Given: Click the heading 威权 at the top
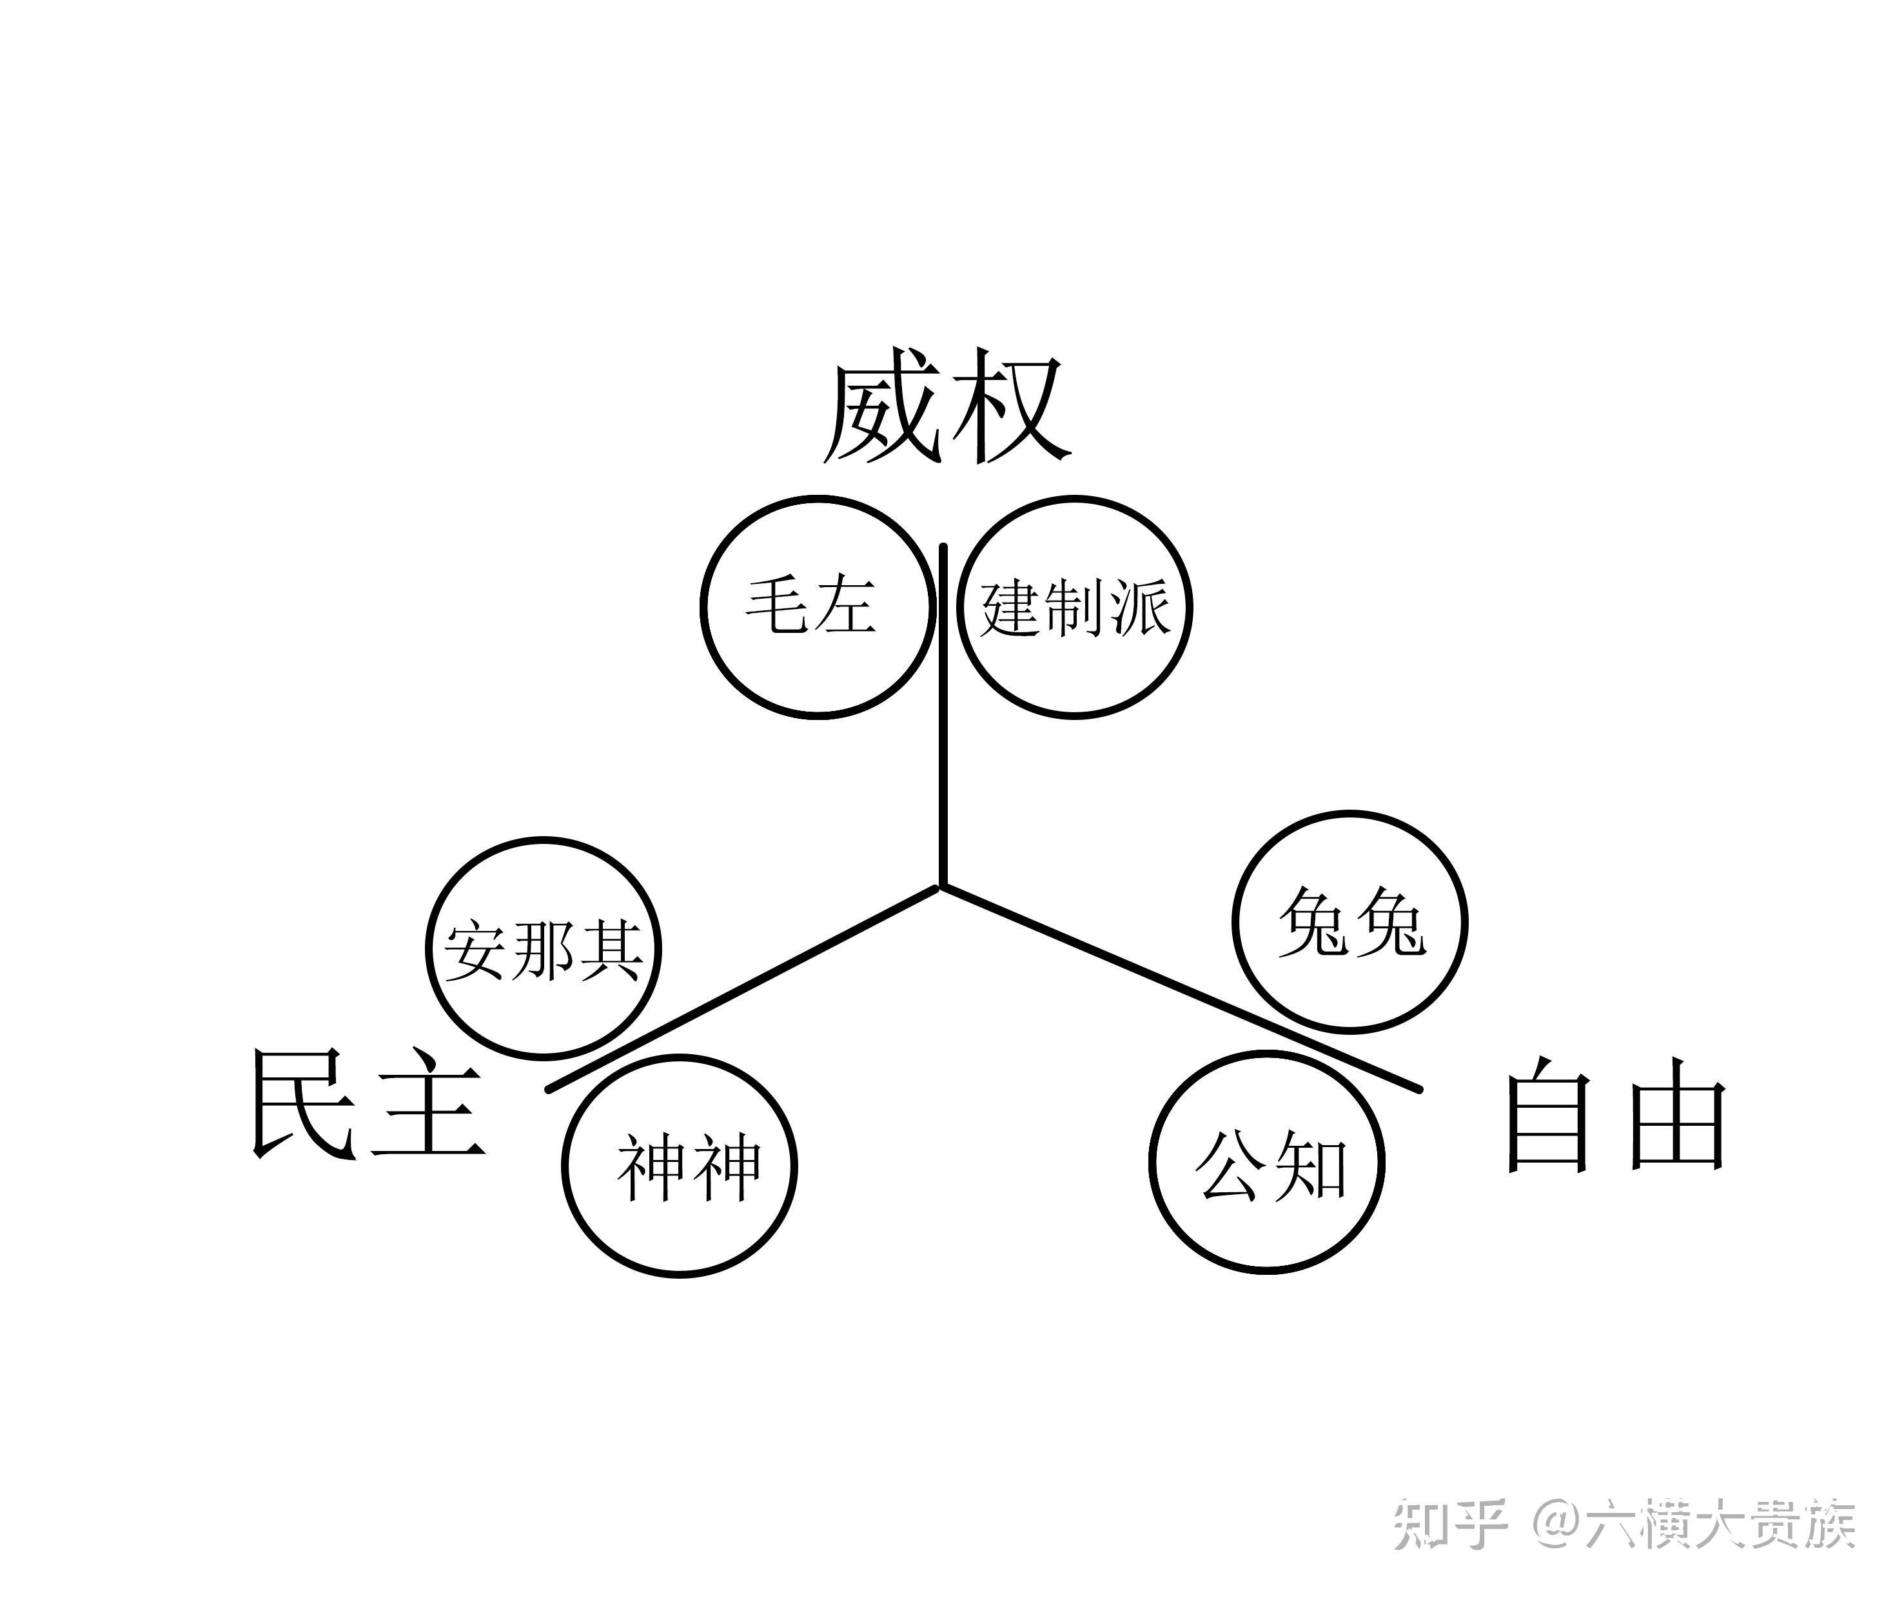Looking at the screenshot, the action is (946, 408).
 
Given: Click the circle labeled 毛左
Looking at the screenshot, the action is (818, 607).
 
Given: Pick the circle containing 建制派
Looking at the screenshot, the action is (1074, 607).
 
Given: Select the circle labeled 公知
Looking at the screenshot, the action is (1268, 1162).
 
